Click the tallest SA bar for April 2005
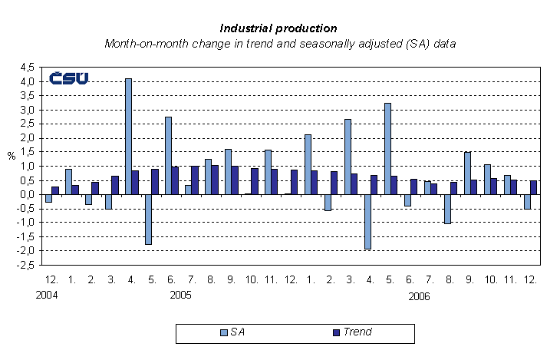click(128, 136)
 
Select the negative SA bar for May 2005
click(148, 219)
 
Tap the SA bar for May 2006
click(387, 148)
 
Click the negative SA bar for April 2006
click(367, 221)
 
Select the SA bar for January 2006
click(308, 164)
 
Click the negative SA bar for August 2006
click(447, 209)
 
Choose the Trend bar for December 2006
click(534, 187)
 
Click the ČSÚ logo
click(68, 78)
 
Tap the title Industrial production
click(280, 28)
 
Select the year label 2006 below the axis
click(420, 296)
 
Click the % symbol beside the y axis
click(12, 156)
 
